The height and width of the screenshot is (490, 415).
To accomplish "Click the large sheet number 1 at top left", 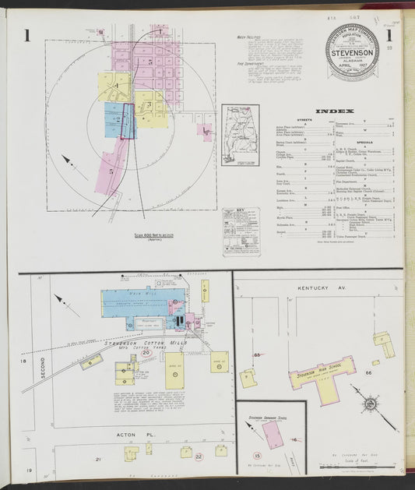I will click(26, 34).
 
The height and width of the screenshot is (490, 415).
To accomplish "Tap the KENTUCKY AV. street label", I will click(321, 289).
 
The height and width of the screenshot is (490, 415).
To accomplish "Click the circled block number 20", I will click(146, 353).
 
